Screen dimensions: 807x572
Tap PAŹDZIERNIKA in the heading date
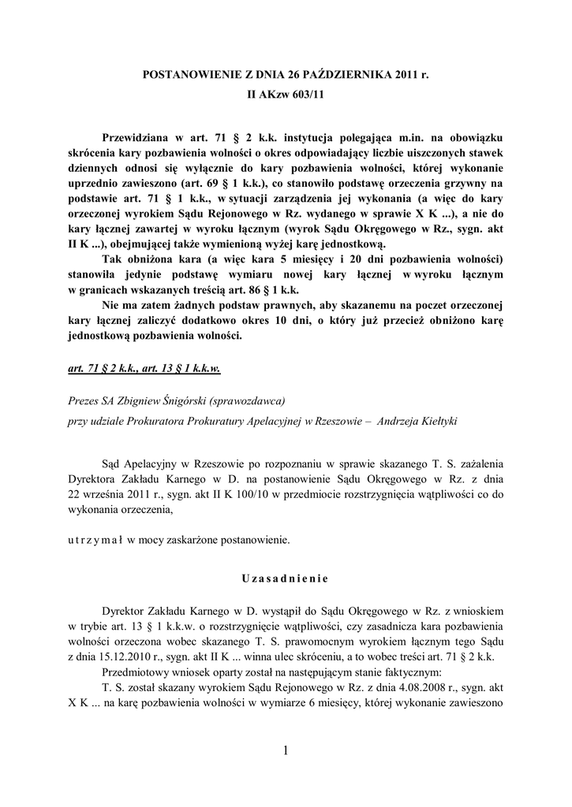pyautogui.click(x=355, y=76)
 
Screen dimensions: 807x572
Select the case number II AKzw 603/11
pyautogui.click(x=286, y=95)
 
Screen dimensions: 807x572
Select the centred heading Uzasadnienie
pyautogui.click(x=286, y=578)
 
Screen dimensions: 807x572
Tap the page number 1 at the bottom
pyautogui.click(x=286, y=751)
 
